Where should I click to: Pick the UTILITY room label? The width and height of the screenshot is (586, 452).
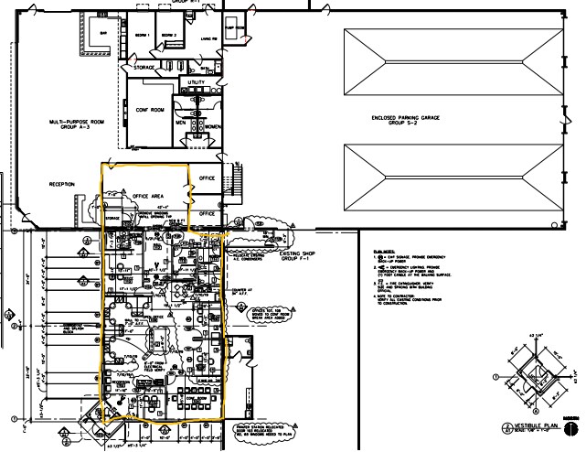click(197, 82)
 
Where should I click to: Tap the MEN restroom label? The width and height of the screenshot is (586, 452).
click(182, 121)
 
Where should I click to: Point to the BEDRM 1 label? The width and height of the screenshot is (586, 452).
click(142, 35)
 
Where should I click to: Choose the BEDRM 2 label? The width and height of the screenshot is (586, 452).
click(168, 35)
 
